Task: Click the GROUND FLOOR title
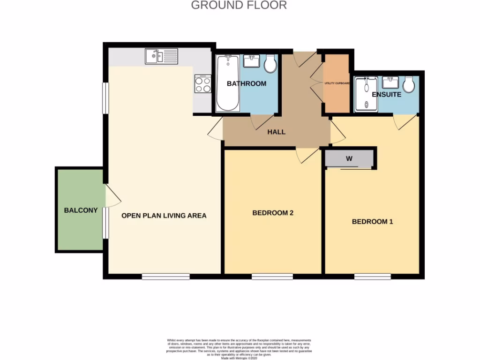(x=239, y=5)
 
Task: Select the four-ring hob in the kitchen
(x=202, y=84)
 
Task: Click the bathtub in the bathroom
(x=228, y=83)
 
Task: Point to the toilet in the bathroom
(x=270, y=65)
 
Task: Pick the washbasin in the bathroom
(x=252, y=61)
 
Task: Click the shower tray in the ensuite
(x=366, y=94)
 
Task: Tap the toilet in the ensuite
(x=409, y=84)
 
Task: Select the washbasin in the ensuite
(x=390, y=82)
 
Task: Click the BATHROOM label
(x=247, y=83)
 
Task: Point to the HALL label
(x=276, y=132)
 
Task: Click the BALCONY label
(x=81, y=210)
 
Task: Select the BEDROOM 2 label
(x=273, y=213)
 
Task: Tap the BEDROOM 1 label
(x=372, y=221)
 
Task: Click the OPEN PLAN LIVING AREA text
(x=164, y=216)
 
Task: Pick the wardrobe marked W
(x=349, y=158)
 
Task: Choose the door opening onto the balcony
(x=112, y=196)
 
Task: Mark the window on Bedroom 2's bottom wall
(x=272, y=277)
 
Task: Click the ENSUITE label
(x=386, y=94)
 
